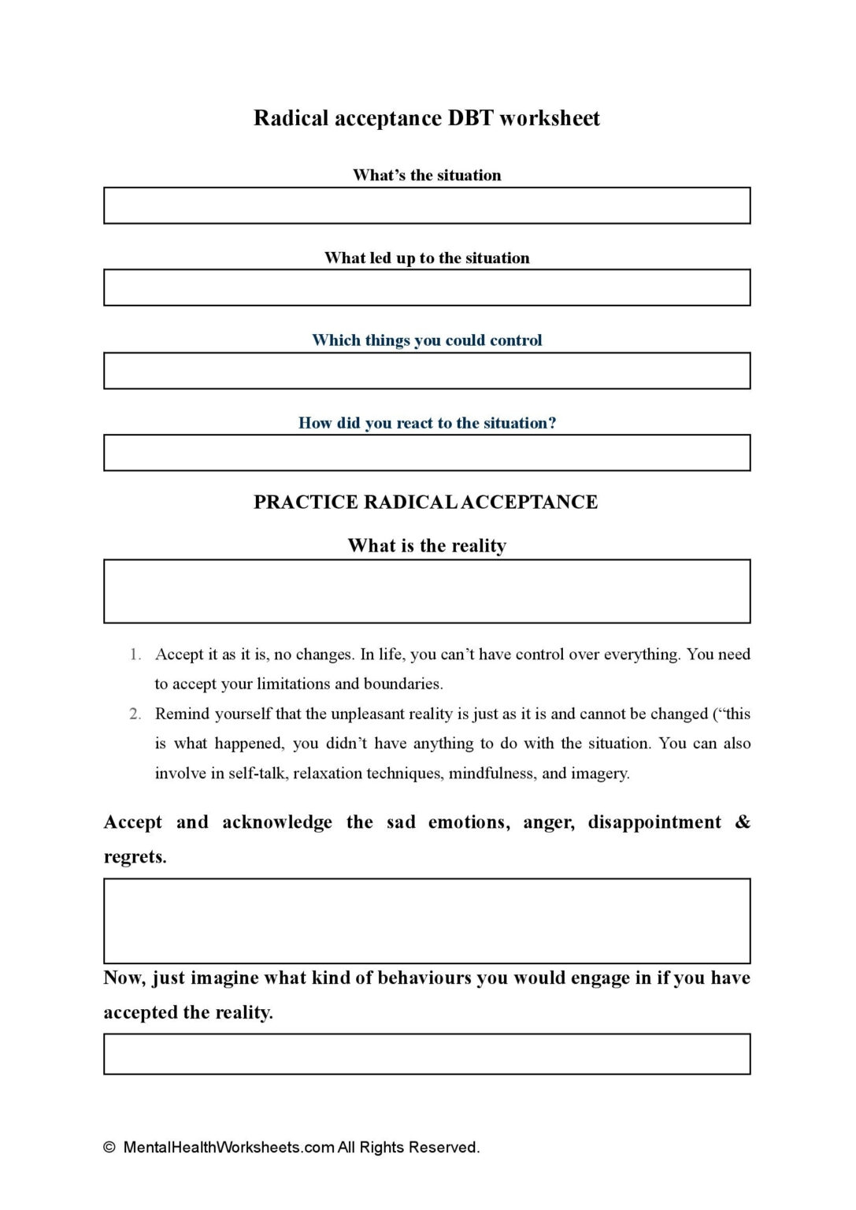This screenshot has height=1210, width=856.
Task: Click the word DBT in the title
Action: [470, 118]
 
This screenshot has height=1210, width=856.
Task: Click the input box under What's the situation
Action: [427, 206]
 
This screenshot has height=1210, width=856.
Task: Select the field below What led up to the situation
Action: [427, 288]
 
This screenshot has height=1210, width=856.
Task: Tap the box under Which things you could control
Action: [427, 370]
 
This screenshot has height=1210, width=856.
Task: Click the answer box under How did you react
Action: [427, 453]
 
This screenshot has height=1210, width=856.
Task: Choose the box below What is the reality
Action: [427, 592]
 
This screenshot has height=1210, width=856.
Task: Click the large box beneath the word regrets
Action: [427, 920]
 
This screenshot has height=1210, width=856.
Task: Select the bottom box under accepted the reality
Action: [427, 1054]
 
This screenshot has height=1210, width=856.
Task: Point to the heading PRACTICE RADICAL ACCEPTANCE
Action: [425, 503]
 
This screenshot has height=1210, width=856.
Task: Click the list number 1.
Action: [135, 655]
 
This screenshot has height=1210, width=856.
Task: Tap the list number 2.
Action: [135, 714]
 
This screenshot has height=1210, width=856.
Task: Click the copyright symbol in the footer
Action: [109, 1148]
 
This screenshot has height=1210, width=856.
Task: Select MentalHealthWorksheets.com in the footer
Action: [228, 1148]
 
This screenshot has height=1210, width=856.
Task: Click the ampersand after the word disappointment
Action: [743, 822]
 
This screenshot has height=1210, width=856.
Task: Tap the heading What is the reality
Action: [427, 546]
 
